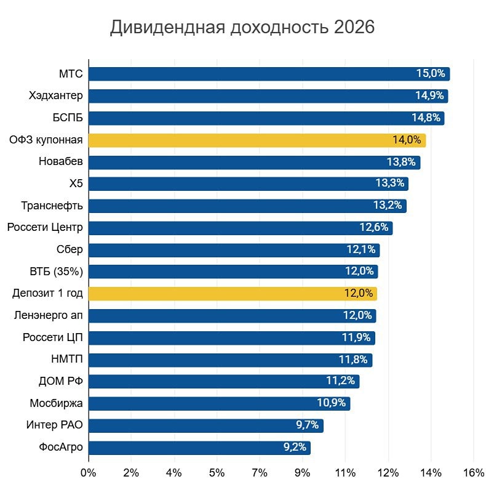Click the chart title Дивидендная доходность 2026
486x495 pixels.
242,28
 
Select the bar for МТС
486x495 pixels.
269,74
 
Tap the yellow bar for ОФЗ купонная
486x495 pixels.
257,140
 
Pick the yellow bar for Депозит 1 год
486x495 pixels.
233,294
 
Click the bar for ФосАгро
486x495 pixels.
199,448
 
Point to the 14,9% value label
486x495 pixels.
429,96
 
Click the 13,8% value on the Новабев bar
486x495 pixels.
401,163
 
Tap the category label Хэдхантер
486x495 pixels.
55,96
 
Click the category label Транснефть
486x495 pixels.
52,206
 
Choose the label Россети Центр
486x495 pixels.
45,228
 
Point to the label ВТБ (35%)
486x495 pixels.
56,272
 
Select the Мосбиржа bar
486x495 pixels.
219,404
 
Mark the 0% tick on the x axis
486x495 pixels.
89,473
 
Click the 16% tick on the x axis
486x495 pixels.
473,473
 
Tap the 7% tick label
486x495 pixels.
260,473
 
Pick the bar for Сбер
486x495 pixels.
234,250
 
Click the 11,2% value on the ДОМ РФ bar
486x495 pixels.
340,381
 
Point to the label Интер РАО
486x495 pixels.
54,425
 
